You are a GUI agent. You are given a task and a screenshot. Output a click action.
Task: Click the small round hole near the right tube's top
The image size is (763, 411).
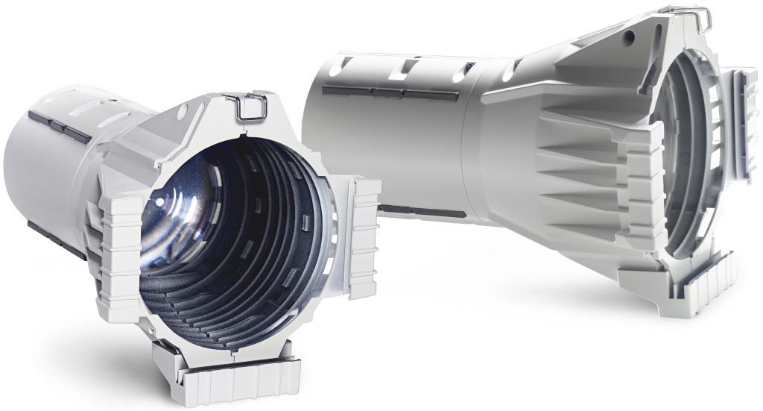click(x=630, y=35)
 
